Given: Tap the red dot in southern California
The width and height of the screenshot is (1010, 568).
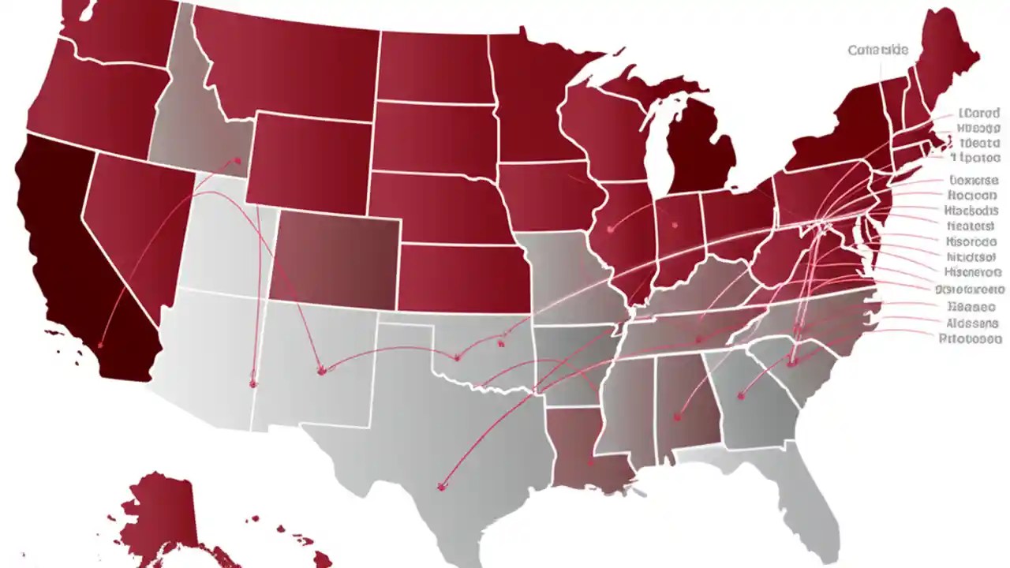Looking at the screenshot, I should point(101,345).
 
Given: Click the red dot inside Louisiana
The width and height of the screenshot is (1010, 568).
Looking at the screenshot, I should point(589,464).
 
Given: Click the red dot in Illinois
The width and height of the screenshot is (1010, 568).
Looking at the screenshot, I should point(611,230).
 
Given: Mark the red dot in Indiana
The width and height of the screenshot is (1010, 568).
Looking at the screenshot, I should point(675,225).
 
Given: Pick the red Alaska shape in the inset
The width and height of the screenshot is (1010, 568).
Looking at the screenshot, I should point(162,513).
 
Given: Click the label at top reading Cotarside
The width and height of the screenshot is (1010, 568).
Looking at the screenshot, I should point(877,50).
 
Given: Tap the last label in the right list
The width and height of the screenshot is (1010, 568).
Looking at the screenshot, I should point(971,338).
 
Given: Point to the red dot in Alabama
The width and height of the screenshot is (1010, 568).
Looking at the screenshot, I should point(677,417).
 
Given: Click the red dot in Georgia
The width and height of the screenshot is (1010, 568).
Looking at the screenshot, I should point(740,396).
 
